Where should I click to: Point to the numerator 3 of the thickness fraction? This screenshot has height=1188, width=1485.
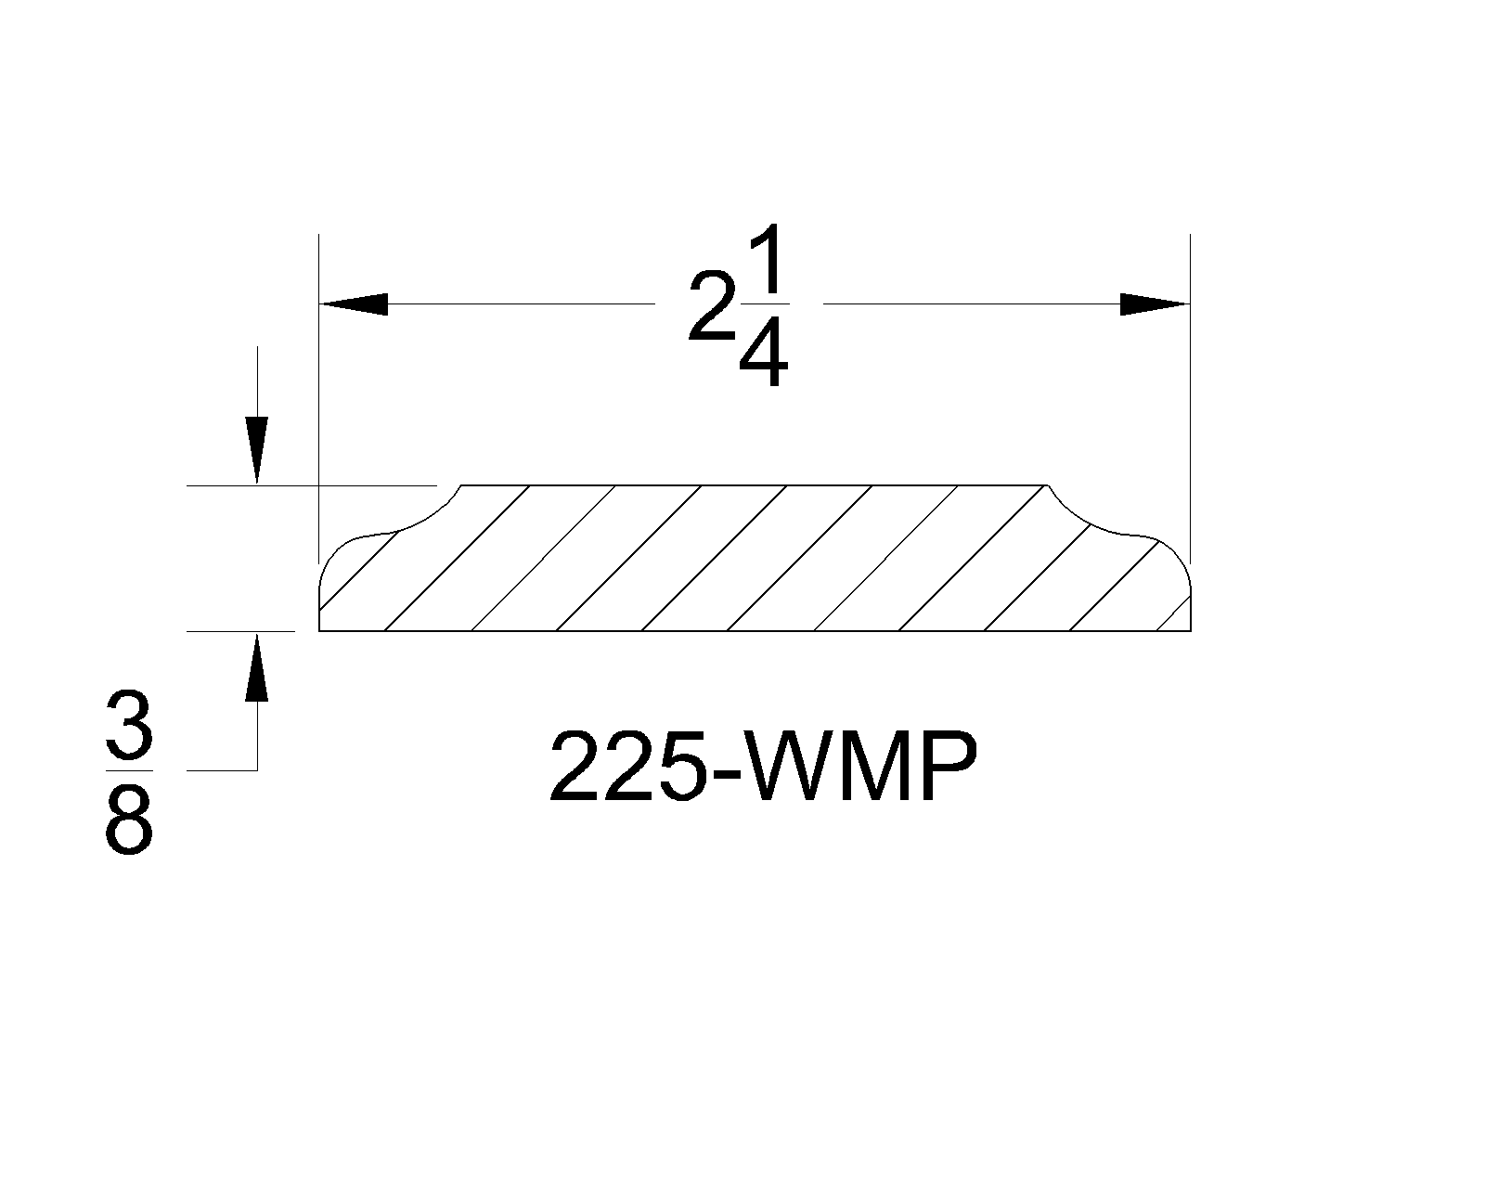tap(128, 730)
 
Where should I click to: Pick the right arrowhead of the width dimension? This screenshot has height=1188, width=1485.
tap(1154, 303)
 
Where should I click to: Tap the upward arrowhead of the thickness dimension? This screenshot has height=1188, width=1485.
tap(256, 666)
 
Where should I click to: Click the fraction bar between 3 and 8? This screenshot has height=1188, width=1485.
tap(128, 770)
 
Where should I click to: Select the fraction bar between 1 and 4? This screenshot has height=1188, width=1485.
tap(764, 303)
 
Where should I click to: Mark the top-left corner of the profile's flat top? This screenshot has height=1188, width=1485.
tap(461, 485)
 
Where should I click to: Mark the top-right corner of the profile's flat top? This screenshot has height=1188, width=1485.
tap(1046, 485)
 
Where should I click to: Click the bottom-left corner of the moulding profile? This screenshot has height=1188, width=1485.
tap(319, 631)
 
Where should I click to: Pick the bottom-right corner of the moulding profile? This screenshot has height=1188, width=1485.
tap(1190, 631)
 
